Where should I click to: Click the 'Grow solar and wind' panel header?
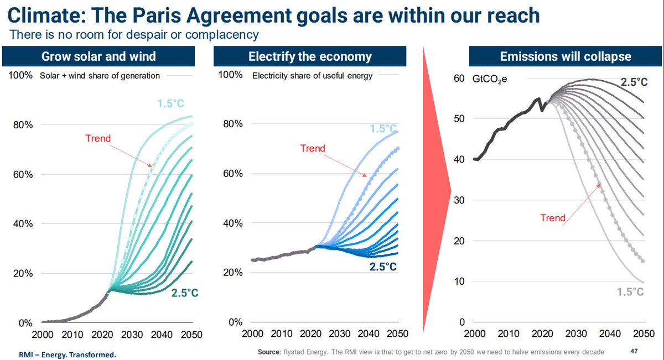pyautogui.click(x=98, y=56)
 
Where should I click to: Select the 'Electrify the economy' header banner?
pyautogui.click(x=310, y=56)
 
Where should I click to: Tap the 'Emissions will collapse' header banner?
pyautogui.click(x=566, y=56)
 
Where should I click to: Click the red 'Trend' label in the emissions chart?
pyautogui.click(x=553, y=218)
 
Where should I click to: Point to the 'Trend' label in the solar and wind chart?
pyautogui.click(x=98, y=138)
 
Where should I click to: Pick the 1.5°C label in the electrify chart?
pyautogui.click(x=383, y=129)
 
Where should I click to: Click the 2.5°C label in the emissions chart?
pyautogui.click(x=634, y=82)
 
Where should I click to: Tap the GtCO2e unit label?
pyautogui.click(x=489, y=79)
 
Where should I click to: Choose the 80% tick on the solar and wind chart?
pyautogui.click(x=23, y=125)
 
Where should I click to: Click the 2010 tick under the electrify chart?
pyautogui.click(x=282, y=333)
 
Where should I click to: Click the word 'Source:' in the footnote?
pyautogui.click(x=269, y=352)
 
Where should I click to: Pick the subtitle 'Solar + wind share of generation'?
pyautogui.click(x=100, y=76)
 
